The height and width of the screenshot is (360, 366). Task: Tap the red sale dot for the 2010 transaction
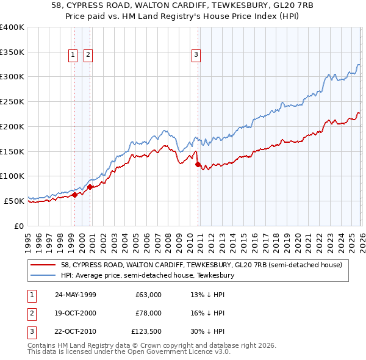tap(198, 164)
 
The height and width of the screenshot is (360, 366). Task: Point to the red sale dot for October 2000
tap(90, 187)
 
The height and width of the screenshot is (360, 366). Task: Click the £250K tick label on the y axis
tap(12, 102)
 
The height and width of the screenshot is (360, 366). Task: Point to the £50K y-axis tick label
tap(14, 201)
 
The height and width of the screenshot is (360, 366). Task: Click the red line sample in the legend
tap(44, 265)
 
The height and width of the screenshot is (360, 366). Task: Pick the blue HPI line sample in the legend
tap(44, 275)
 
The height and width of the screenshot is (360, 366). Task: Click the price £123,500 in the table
tap(146, 333)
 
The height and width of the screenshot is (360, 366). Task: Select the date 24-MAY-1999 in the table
tap(75, 295)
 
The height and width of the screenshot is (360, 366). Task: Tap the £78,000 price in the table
tap(148, 314)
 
